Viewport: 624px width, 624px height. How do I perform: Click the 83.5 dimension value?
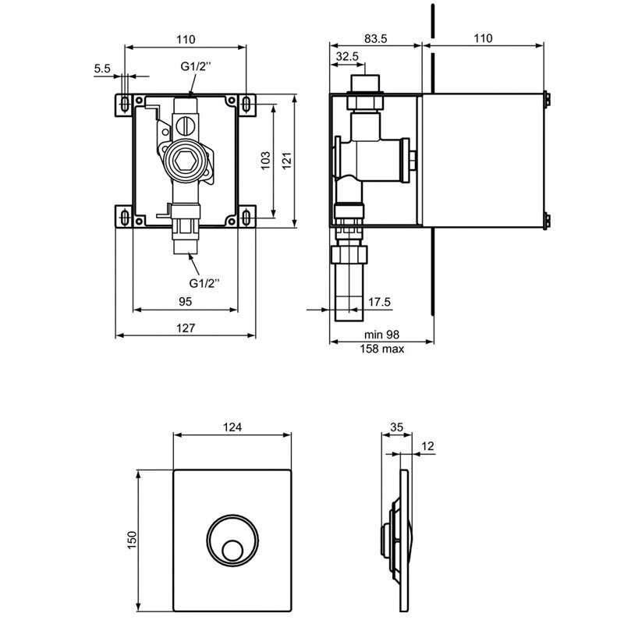click(x=375, y=38)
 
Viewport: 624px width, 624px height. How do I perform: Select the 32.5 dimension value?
click(x=347, y=56)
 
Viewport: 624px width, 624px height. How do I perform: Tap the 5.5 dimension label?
click(x=102, y=69)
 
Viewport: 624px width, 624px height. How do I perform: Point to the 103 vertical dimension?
click(x=265, y=161)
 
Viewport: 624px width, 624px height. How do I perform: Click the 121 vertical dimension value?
click(x=287, y=161)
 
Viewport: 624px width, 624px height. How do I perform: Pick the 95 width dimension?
click(x=185, y=302)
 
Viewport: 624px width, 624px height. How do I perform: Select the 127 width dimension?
click(x=186, y=328)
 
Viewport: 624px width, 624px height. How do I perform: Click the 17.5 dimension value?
click(x=379, y=302)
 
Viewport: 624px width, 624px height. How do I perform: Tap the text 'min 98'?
click(x=381, y=335)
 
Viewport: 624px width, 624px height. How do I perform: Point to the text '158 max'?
click(x=382, y=349)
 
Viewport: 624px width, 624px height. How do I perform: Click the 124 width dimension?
click(x=232, y=427)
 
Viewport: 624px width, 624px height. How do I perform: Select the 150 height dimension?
click(x=132, y=540)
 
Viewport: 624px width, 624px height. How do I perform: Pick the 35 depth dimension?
click(x=396, y=427)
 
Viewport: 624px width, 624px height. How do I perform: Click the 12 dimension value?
click(x=427, y=446)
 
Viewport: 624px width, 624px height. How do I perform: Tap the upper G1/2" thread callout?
click(x=196, y=66)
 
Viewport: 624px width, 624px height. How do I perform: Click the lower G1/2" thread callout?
click(x=204, y=283)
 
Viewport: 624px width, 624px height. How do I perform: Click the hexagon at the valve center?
click(x=183, y=161)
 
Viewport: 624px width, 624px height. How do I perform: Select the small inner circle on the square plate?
click(x=232, y=551)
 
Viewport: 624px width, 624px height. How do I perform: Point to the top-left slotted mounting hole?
click(x=125, y=105)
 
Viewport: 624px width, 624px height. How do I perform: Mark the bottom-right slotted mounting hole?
click(x=247, y=218)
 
